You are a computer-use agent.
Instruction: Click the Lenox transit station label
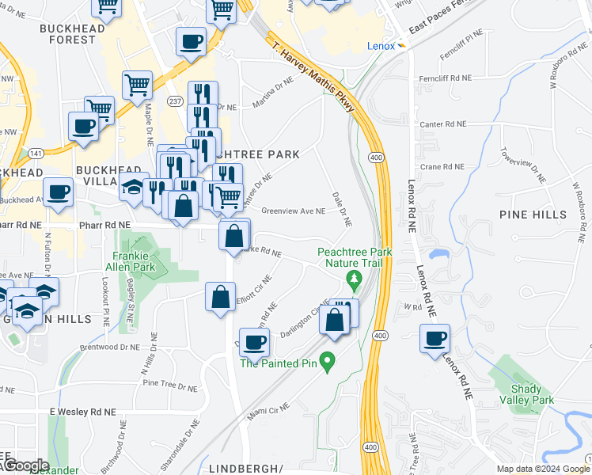click(381, 45)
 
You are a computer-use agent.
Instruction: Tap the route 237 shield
click(175, 101)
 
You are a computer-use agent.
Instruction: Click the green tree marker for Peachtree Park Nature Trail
click(354, 279)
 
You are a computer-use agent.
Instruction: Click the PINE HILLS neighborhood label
click(533, 215)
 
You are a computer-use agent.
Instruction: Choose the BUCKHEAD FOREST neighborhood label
click(66, 33)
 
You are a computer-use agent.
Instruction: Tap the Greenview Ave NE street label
click(294, 211)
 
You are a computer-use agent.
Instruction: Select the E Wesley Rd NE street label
click(82, 412)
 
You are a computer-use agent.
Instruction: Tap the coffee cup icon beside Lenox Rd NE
click(435, 339)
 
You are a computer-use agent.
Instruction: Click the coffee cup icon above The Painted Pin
click(254, 342)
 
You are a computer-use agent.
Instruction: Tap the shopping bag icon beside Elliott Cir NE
click(220, 298)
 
